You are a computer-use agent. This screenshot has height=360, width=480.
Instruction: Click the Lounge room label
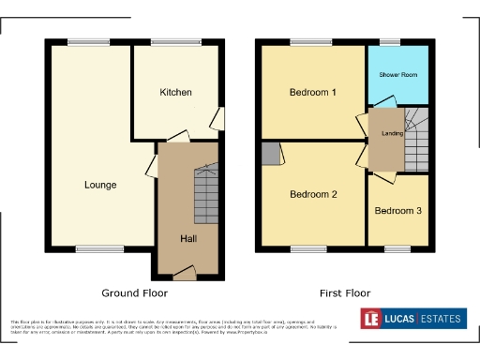pos(99,185)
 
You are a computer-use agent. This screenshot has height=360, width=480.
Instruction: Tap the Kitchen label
pos(175,93)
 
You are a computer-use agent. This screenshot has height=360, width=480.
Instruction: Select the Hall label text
pos(187,238)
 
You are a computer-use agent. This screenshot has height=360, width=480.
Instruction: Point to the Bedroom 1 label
pos(312,92)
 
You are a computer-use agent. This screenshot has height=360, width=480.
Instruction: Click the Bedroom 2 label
pos(312,195)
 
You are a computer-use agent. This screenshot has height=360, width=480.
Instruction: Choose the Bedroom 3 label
pos(397,211)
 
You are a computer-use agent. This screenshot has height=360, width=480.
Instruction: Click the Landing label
pos(391,133)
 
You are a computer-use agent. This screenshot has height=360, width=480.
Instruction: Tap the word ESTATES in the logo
pos(441,320)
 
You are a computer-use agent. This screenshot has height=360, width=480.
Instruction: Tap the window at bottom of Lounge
pos(92,248)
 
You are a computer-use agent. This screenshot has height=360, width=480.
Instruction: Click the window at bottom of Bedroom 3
pos(393,248)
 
